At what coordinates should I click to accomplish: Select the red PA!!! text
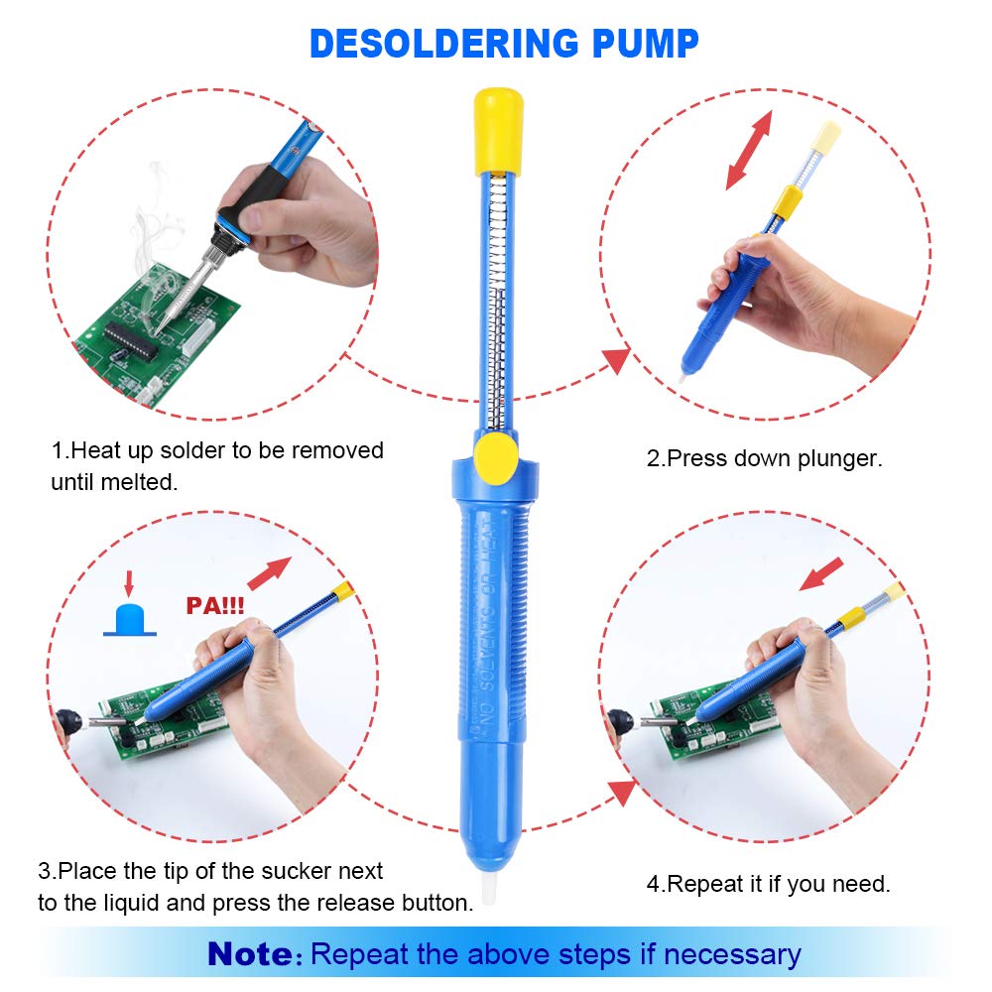[214, 604]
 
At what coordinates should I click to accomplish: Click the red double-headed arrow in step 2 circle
[749, 150]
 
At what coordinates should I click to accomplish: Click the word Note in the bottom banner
[253, 954]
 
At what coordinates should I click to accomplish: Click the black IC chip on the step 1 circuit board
[134, 338]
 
